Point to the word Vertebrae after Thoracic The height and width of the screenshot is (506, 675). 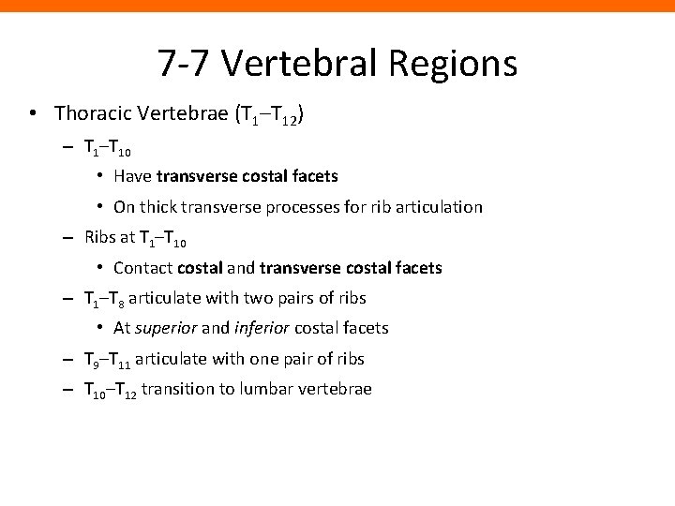187,113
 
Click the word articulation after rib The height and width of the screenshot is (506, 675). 440,206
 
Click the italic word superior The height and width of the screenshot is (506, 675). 164,328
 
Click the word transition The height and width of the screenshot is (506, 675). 179,389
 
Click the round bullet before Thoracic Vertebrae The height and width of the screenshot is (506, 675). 33,114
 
